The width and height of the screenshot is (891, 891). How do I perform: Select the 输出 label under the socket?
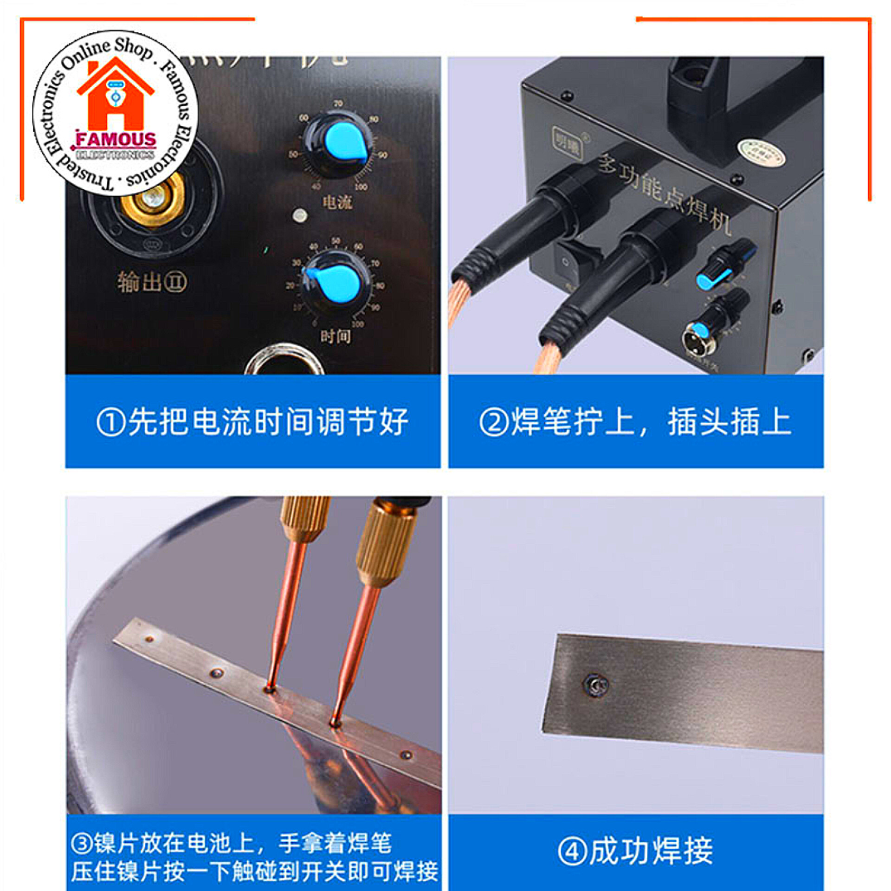tap(152, 282)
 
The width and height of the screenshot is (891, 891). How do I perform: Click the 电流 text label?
tap(337, 202)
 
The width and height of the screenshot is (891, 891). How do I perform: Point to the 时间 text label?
tap(335, 336)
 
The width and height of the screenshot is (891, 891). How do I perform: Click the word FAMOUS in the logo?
tap(116, 140)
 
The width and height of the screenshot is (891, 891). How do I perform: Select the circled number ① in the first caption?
tap(111, 422)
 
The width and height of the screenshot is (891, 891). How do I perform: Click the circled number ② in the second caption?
tap(494, 422)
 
